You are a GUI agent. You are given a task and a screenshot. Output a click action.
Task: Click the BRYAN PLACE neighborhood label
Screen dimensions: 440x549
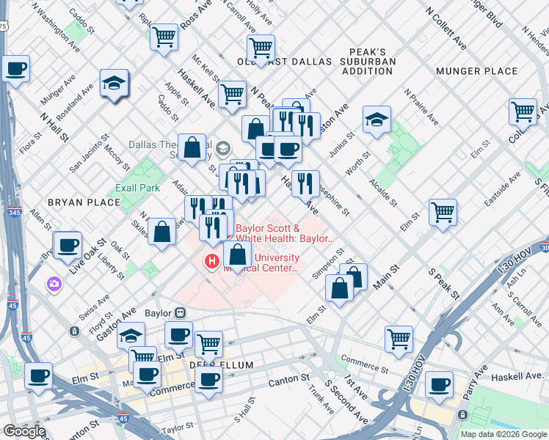[x=93, y=202]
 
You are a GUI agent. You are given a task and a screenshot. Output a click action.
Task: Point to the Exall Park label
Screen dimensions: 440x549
[x=137, y=188]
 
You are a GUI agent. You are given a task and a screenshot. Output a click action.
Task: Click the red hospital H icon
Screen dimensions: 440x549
[x=213, y=261]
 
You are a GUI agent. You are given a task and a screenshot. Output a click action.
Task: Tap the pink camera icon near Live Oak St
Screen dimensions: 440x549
[x=54, y=283]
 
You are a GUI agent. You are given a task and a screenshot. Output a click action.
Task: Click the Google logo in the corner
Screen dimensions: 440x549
[x=24, y=431]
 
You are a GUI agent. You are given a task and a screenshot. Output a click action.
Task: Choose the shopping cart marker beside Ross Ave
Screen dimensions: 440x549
[x=164, y=36]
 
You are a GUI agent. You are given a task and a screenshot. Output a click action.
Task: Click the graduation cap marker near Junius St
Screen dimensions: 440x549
[x=377, y=119]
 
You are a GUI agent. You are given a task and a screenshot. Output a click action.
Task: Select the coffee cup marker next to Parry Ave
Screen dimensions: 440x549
[x=440, y=384]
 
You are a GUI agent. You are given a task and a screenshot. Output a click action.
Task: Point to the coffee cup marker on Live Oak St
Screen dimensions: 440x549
[x=68, y=244]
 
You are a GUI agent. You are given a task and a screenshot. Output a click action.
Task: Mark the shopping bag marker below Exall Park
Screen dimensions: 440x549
[x=161, y=232]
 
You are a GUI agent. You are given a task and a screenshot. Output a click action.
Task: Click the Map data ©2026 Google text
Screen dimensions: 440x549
[x=503, y=434]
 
